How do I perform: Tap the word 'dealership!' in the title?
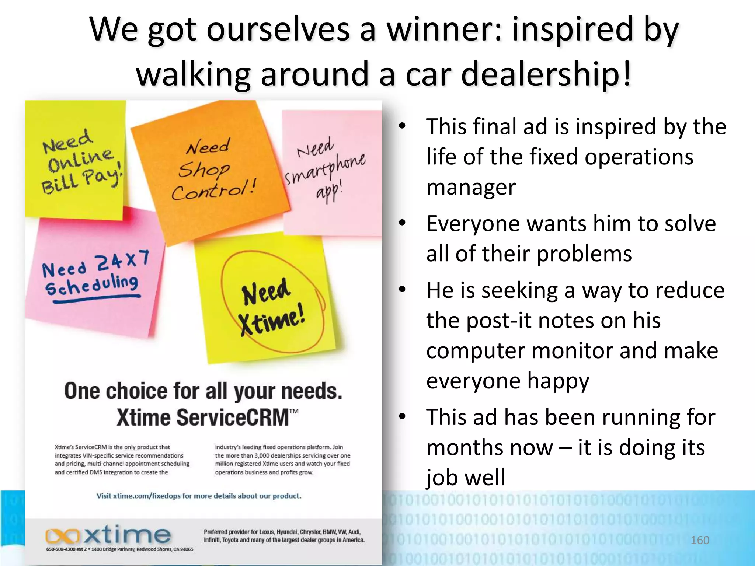[x=546, y=74]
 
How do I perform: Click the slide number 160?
[x=700, y=540]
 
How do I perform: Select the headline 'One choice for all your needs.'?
[x=203, y=391]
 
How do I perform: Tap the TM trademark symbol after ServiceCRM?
[x=294, y=412]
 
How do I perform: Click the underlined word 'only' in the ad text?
[x=130, y=447]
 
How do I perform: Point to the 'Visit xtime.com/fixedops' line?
[x=199, y=496]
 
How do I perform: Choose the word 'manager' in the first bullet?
[x=471, y=187]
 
